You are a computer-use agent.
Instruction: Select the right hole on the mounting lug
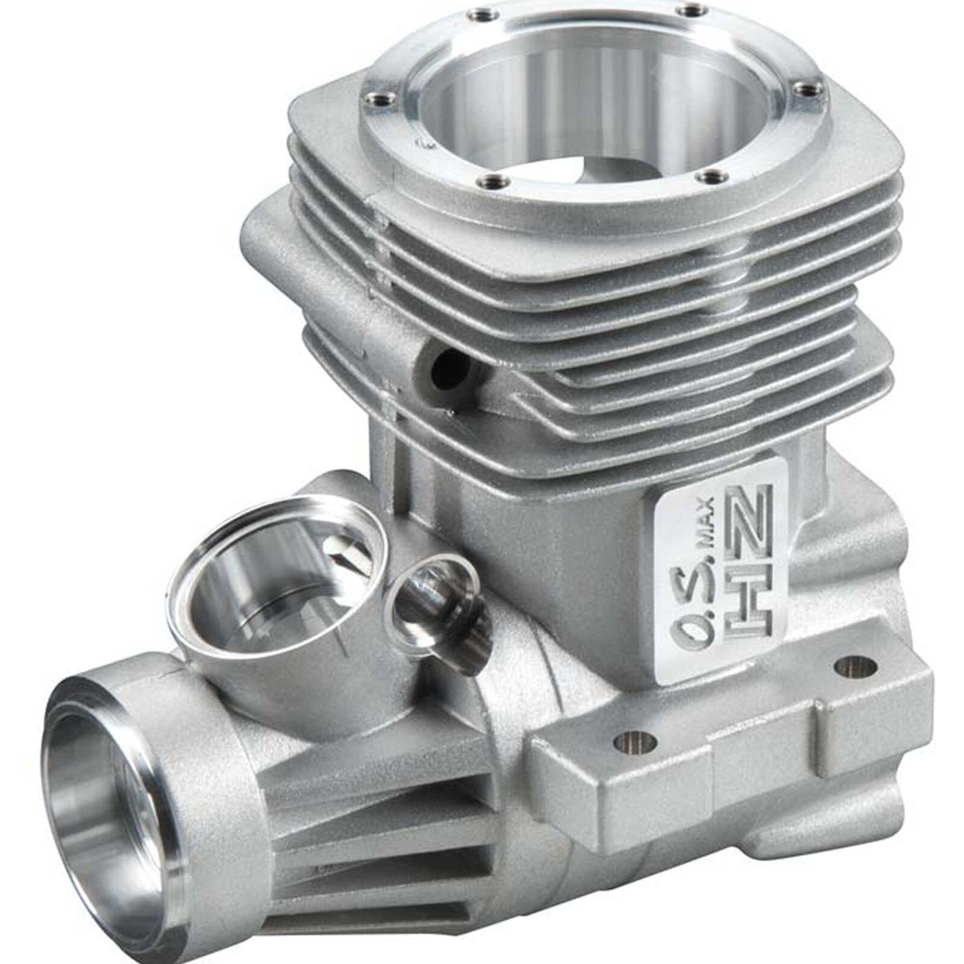(x=854, y=666)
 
